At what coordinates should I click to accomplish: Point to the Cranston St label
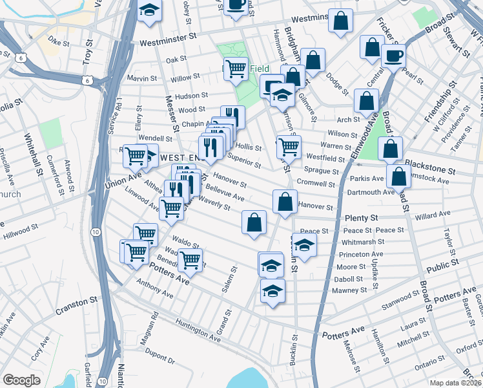(76, 301)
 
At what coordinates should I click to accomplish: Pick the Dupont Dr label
(161, 354)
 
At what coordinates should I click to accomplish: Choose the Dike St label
(58, 43)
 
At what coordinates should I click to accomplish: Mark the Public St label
(442, 264)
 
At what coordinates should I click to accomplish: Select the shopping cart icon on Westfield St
(289, 146)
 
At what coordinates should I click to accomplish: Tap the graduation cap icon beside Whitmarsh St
(305, 244)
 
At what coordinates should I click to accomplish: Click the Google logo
(21, 380)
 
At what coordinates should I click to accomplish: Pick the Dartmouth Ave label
(371, 191)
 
